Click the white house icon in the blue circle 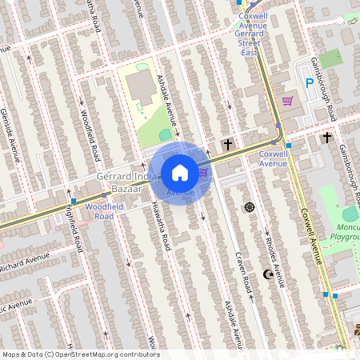(180, 172)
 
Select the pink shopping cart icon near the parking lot (287, 101)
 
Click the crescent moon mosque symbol (269, 274)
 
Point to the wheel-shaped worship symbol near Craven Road (249, 207)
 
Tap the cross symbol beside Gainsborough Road (326, 138)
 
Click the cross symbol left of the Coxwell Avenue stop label (228, 144)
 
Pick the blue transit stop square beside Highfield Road (74, 201)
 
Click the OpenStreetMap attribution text (80, 354)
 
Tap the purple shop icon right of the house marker (203, 171)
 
